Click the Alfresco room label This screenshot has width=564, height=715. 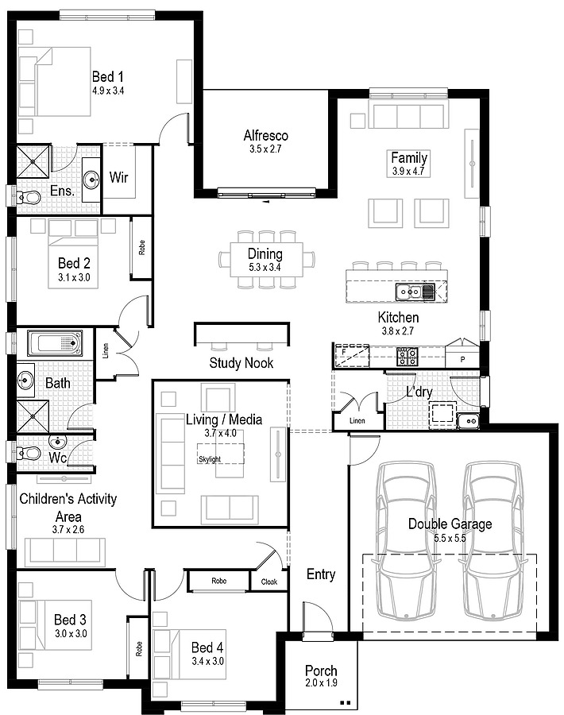coord(266,135)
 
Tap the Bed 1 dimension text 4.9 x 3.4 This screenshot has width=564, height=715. coord(108,91)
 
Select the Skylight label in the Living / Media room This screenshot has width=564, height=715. coord(210,459)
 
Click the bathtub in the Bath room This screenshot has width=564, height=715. coord(55,343)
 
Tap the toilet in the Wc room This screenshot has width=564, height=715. coord(29,454)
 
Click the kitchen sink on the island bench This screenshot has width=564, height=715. coord(415,291)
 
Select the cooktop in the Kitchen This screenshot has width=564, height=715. coord(408,356)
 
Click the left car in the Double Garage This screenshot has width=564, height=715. coord(407,541)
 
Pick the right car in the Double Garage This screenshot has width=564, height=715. coord(493,541)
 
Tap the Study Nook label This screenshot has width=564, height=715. coord(241,363)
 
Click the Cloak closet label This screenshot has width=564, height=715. coord(269,582)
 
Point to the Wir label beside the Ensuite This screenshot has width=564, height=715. coord(118,177)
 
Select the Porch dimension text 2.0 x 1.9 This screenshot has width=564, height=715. coord(322,682)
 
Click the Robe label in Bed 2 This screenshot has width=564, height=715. coord(142,248)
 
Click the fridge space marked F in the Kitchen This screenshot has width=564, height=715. coord(352,356)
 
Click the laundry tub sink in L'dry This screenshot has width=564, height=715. coord(468,421)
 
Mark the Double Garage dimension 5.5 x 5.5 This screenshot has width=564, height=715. coord(450,538)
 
